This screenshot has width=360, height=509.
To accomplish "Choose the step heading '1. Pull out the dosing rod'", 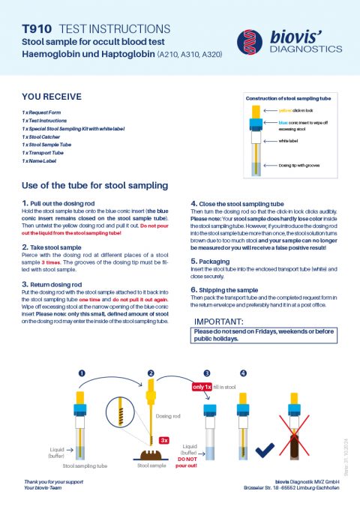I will pos(64,203).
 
